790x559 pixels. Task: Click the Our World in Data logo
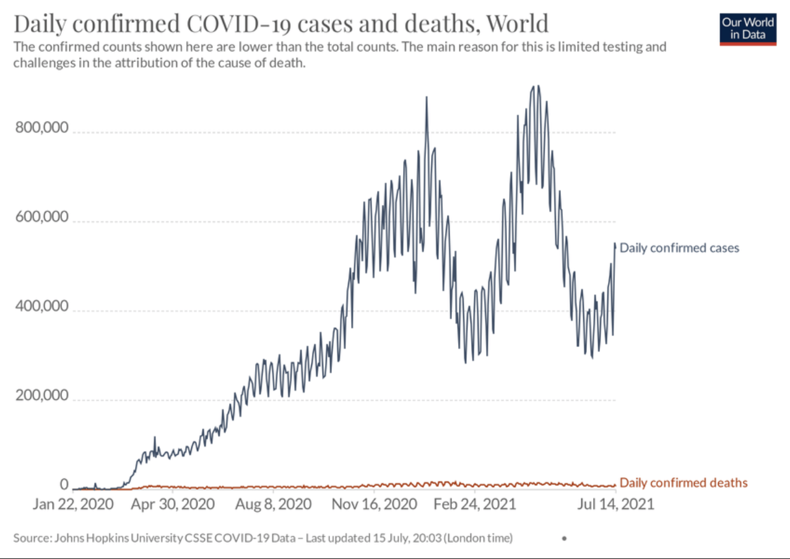pyautogui.click(x=747, y=28)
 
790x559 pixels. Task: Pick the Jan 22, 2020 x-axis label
pyautogui.click(x=73, y=504)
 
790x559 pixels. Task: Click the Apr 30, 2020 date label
pyautogui.click(x=173, y=504)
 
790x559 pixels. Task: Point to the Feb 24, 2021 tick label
pyautogui.click(x=474, y=504)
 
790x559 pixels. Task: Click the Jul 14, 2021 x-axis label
pyautogui.click(x=615, y=504)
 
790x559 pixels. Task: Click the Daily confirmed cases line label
pyautogui.click(x=679, y=248)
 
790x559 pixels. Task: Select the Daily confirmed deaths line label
pyautogui.click(x=684, y=483)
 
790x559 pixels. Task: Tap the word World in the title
pyautogui.click(x=518, y=24)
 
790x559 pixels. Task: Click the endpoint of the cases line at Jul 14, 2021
pyautogui.click(x=615, y=244)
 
